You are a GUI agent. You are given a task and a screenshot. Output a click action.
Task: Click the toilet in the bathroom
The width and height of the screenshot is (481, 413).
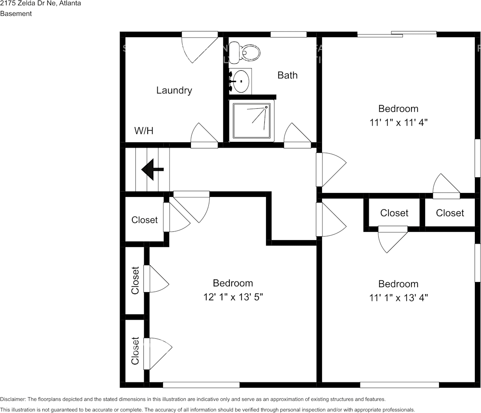[245, 52]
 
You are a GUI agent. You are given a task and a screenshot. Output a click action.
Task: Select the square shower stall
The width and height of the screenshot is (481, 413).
[252, 120]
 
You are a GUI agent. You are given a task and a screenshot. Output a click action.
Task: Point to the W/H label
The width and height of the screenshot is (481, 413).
[144, 131]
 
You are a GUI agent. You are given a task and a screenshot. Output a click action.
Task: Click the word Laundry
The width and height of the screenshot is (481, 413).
[174, 90]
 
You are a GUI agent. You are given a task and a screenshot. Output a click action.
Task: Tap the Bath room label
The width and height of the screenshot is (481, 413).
[287, 75]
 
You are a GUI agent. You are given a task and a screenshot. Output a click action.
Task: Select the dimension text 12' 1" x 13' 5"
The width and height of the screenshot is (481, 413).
[233, 297]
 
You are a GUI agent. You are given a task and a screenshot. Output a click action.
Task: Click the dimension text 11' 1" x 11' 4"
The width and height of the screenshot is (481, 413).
[398, 123]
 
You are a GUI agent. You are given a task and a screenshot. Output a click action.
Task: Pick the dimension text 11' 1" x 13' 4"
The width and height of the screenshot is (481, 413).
[398, 298]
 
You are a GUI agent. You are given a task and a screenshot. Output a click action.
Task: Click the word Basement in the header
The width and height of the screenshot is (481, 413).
[16, 14]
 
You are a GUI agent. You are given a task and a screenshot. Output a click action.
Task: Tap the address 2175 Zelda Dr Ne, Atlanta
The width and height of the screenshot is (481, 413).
[40, 3]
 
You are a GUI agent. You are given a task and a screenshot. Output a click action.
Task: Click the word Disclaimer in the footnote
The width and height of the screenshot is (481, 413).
[13, 399]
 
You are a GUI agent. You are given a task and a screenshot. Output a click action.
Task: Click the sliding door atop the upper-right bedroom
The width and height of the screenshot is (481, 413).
[397, 34]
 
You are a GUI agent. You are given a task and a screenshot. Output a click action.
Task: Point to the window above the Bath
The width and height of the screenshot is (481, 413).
[288, 34]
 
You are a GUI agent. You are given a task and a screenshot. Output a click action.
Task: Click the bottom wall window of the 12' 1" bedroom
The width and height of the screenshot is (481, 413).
[201, 385]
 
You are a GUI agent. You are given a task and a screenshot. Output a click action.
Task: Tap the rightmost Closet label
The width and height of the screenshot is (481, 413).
[450, 213]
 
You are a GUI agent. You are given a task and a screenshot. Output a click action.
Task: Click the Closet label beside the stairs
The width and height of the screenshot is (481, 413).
[144, 220]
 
